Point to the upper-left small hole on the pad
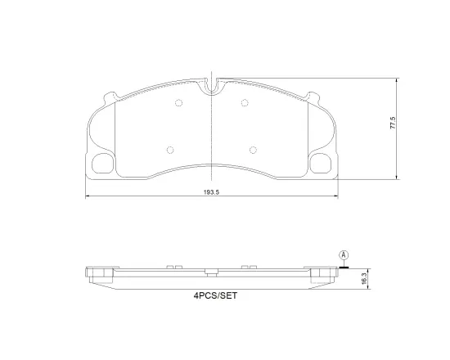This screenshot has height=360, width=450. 178,102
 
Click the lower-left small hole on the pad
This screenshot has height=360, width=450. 170,149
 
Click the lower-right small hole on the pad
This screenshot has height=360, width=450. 253,149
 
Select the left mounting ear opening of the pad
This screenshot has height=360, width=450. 104,163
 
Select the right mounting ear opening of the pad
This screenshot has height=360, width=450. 320,163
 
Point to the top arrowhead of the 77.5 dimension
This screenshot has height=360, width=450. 398,80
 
